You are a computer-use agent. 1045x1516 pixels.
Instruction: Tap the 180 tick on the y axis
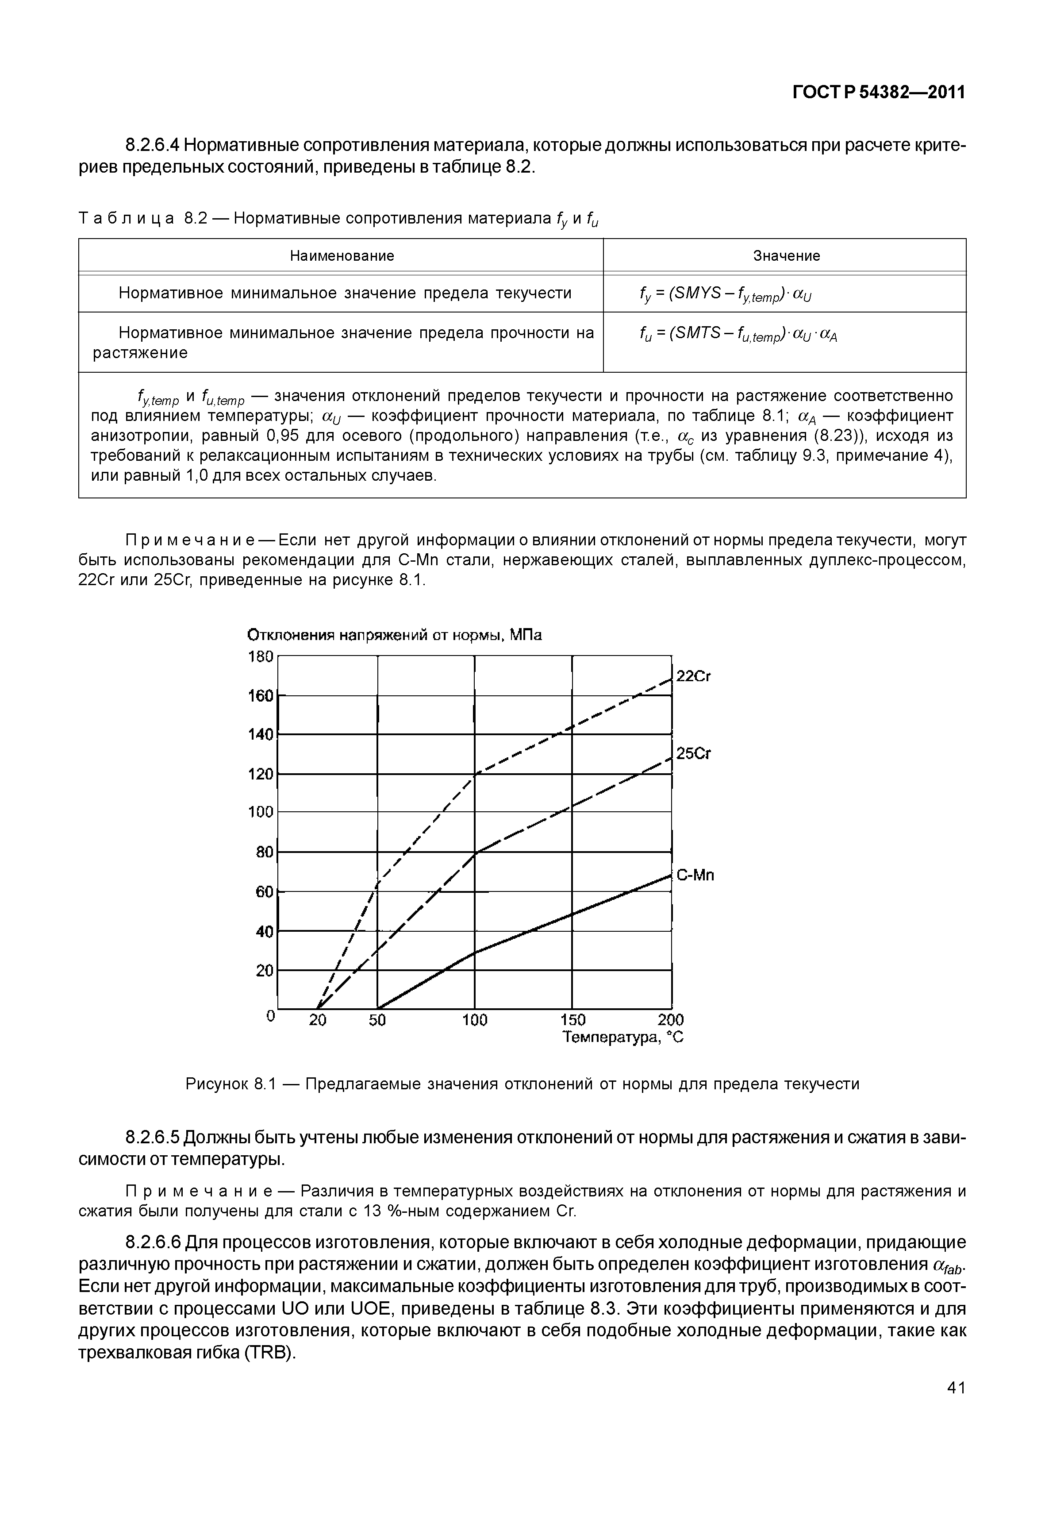click(x=261, y=656)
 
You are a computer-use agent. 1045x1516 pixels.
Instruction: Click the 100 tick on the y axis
click(x=261, y=812)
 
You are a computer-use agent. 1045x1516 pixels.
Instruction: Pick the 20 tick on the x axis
click(x=318, y=1020)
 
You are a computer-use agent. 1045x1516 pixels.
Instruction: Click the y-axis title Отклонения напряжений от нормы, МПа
click(x=395, y=636)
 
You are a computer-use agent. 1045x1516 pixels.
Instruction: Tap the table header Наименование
click(x=342, y=256)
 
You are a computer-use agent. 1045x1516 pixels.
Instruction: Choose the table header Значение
click(x=786, y=256)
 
